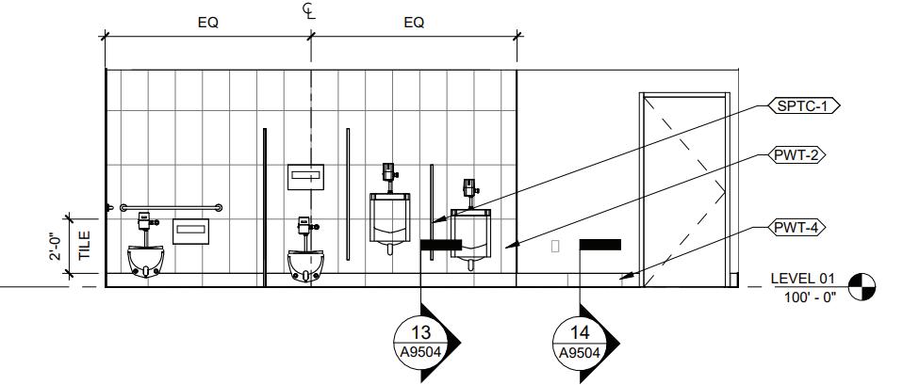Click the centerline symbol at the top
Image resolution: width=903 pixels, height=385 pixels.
[x=309, y=10]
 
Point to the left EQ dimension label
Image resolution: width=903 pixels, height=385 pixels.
[x=207, y=23]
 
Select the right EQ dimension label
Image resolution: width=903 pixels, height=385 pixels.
[x=414, y=23]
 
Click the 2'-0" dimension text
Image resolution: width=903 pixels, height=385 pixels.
[x=57, y=247]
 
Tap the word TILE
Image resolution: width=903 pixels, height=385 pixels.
[x=85, y=247]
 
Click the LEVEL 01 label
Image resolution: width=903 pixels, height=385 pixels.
[x=803, y=279]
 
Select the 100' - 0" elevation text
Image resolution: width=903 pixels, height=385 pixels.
[x=809, y=297]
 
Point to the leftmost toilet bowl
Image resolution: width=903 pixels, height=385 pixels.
[x=146, y=259]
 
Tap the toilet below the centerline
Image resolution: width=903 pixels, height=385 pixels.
[x=304, y=263]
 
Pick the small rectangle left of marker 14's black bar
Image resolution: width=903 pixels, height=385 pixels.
[x=555, y=246]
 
